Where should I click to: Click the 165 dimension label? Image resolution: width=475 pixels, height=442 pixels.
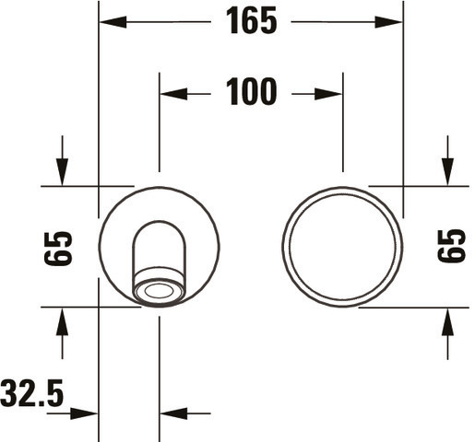252,21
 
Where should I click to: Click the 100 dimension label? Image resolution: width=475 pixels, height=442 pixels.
252,91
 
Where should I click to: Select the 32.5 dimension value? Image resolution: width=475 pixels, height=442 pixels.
32,393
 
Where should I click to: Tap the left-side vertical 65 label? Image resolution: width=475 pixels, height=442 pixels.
58,249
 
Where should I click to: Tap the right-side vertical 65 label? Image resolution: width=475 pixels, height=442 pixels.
451,246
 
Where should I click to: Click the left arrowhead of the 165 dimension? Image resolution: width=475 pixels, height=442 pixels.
113,22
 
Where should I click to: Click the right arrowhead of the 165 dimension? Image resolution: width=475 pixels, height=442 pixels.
388,22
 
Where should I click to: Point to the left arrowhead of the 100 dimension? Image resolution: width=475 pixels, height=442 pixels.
173,94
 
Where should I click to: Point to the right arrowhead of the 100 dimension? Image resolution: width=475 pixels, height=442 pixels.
328,94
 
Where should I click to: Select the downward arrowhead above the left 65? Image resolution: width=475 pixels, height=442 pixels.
62,172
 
